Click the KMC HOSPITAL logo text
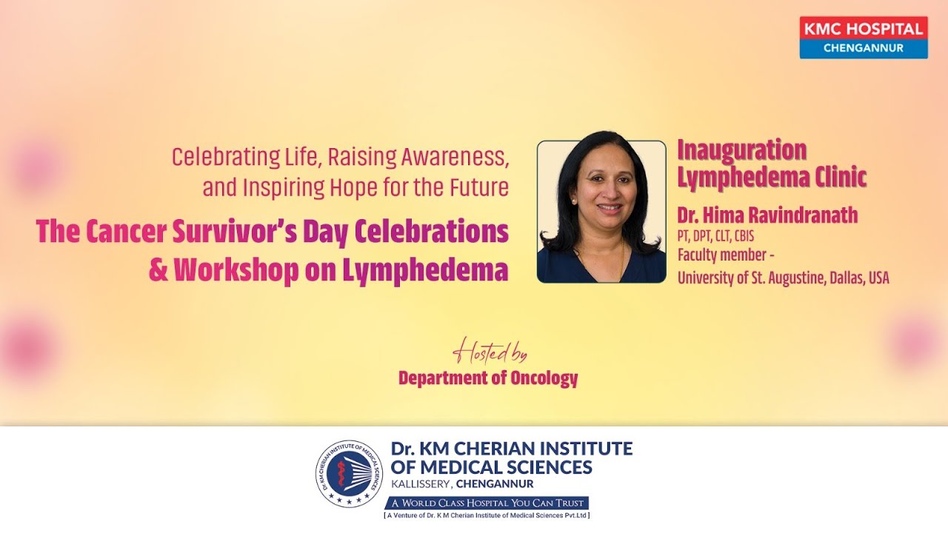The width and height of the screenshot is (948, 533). coord(864,28)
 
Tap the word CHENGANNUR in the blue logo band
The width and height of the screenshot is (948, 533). coord(864,48)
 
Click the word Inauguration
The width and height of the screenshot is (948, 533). coord(742,150)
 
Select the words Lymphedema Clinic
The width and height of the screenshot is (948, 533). coord(772,177)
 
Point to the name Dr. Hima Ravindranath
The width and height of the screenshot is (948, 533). coord(767,215)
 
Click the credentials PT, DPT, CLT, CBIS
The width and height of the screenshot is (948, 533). coord(715,236)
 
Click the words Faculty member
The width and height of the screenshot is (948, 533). coord(722,255)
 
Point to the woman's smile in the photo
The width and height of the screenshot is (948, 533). coord(610,208)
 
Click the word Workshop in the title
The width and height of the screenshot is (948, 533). coord(236,269)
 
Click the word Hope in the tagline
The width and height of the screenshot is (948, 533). coord(353,188)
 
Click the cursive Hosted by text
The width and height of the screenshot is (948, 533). coord(490,352)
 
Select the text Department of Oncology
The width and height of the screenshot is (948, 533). coord(488,378)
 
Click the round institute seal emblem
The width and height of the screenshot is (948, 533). coord(349,473)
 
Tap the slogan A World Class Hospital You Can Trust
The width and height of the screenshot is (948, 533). coord(487,503)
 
